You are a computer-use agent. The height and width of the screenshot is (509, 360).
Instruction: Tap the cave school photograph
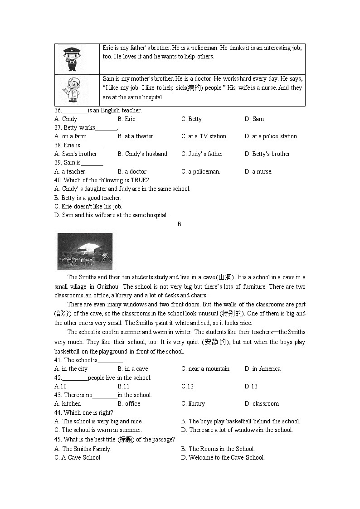click(85, 251)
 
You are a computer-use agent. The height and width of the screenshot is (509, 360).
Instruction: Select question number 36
click(58, 111)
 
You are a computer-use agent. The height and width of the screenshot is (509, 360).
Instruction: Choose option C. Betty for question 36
click(191, 119)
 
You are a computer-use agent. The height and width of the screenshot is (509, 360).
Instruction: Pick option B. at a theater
click(135, 136)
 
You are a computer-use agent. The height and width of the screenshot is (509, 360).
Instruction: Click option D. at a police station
click(271, 136)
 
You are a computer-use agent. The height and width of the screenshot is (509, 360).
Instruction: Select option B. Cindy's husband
click(142, 154)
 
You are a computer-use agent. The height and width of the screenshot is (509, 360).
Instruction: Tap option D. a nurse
click(258, 172)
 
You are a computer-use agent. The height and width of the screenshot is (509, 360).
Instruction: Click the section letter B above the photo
click(179, 224)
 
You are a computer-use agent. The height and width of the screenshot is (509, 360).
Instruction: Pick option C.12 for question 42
click(187, 387)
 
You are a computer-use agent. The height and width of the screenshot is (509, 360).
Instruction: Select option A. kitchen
click(68, 404)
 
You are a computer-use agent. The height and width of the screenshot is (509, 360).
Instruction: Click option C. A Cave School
click(77, 458)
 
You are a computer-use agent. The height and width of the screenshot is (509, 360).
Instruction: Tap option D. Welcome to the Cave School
click(223, 458)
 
